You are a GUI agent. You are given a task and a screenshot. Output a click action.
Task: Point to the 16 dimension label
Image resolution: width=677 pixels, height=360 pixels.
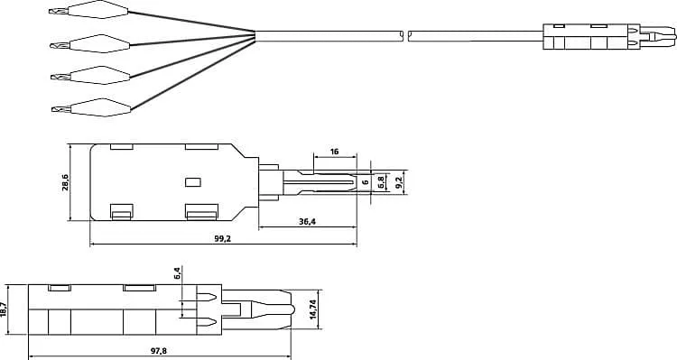point(335,152)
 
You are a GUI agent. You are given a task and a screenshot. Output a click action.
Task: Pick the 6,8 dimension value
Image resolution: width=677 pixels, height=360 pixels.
point(382,182)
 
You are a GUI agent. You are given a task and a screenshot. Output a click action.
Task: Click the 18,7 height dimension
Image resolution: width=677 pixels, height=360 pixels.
point(5,309)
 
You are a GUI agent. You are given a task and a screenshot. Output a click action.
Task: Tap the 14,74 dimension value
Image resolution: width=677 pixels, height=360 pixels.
point(313,309)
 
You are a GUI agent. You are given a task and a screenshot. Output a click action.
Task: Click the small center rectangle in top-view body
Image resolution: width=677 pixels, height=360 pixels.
point(191,181)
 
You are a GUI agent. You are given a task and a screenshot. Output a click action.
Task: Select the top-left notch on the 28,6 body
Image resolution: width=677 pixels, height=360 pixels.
point(121,147)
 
